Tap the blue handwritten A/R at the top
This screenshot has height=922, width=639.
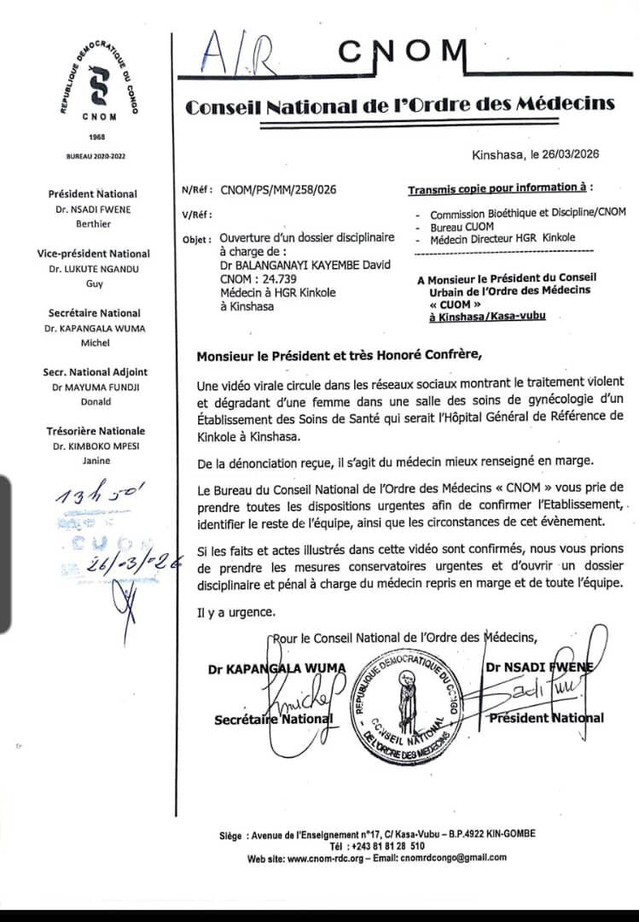click(x=232, y=55)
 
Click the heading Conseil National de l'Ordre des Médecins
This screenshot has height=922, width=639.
click(x=400, y=105)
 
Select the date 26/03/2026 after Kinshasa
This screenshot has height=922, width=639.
click(x=570, y=155)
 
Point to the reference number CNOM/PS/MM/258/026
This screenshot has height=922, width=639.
click(x=278, y=190)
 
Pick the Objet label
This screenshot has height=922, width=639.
click(x=197, y=239)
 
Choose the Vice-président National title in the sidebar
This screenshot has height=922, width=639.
click(x=94, y=254)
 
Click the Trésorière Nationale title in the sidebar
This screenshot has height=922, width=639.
click(x=96, y=431)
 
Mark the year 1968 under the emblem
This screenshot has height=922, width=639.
click(x=96, y=137)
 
